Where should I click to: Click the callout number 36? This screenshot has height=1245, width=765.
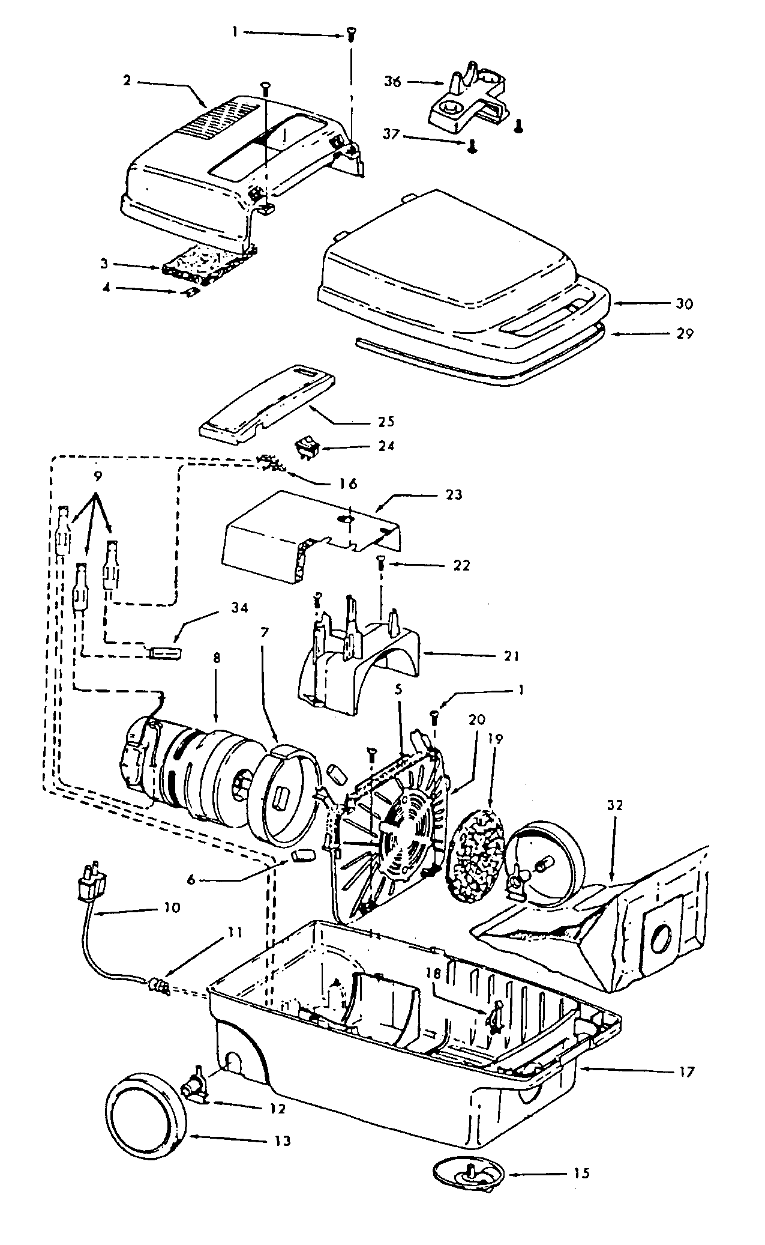[393, 81]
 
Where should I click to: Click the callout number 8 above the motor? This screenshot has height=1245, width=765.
[217, 658]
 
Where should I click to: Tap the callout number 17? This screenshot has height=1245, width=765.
[686, 1070]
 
